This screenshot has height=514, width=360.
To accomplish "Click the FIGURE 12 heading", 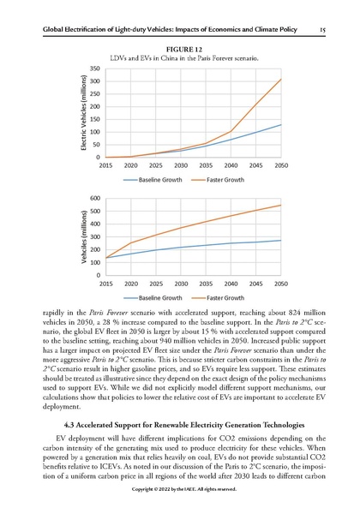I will coord(180,49).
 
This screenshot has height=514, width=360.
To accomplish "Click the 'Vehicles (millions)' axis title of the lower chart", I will coord(84,236).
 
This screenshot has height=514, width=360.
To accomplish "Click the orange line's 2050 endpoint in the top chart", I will coord(280,79).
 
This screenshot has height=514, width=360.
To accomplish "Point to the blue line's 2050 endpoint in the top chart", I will coord(280,125).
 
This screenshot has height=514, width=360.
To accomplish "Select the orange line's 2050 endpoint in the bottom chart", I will coord(280,205).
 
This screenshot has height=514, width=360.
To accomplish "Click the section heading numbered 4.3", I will coord(180,425).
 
